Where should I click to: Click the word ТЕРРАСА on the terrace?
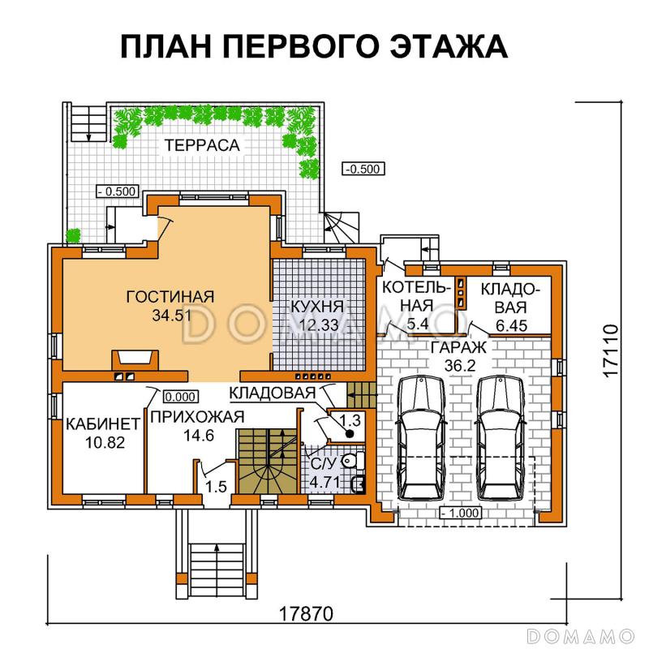coord(202,146)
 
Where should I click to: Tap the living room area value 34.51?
coord(170,314)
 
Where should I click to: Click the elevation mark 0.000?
coord(179,398)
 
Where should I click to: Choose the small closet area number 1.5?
coord(215,487)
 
